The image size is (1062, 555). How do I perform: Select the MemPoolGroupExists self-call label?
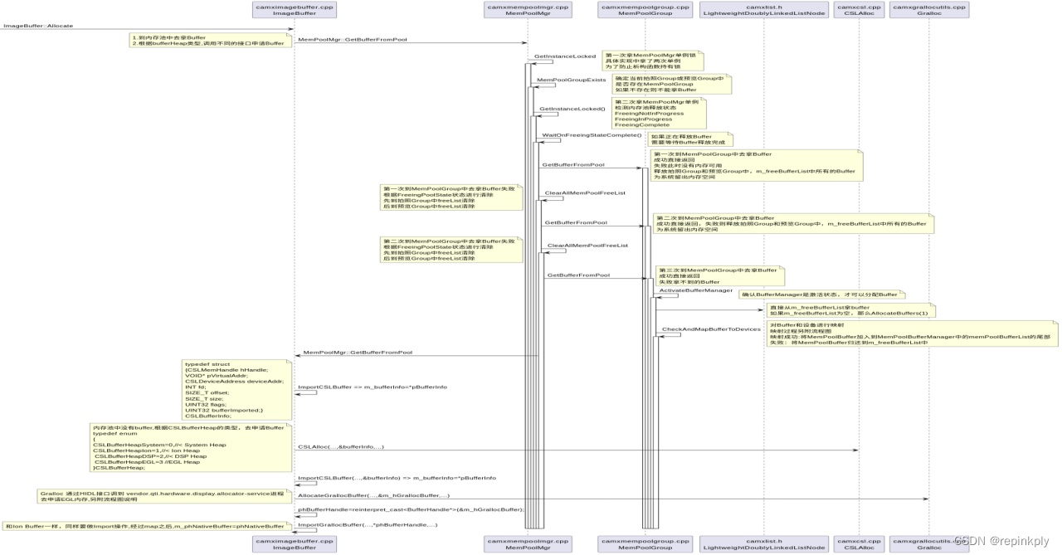[572, 80]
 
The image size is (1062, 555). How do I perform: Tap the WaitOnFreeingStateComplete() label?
[592, 134]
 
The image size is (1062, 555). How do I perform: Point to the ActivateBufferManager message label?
[695, 290]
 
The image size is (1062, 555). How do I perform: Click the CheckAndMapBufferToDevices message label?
[710, 329]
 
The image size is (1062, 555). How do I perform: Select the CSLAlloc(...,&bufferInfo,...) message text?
[340, 447]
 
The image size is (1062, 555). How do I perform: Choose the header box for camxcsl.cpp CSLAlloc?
[858, 11]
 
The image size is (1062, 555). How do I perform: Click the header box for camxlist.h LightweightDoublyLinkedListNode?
[763, 11]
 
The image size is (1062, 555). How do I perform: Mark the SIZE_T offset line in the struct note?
[206, 392]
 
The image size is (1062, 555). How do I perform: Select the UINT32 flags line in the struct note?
[206, 404]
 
